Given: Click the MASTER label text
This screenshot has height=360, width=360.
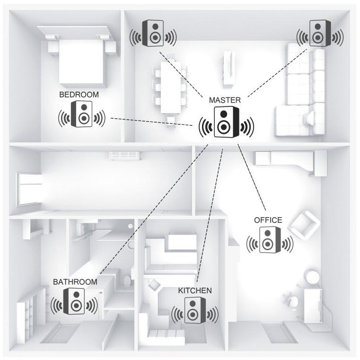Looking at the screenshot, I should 225,100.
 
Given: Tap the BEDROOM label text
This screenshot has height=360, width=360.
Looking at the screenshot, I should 79,95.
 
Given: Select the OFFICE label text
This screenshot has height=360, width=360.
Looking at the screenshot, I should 268,220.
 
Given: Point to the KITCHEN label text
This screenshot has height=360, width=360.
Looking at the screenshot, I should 195,290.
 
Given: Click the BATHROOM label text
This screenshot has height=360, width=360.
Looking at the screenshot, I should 75,281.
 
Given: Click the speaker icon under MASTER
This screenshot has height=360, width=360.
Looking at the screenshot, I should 226,123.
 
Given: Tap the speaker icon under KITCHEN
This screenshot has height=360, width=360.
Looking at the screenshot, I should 194,310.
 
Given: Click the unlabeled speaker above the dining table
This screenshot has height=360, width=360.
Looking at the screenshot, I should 154,34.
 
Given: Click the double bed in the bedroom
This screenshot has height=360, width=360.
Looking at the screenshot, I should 80,61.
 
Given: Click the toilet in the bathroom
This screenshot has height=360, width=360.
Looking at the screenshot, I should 127,281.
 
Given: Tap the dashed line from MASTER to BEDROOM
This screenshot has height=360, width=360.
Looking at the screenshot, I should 151,122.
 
